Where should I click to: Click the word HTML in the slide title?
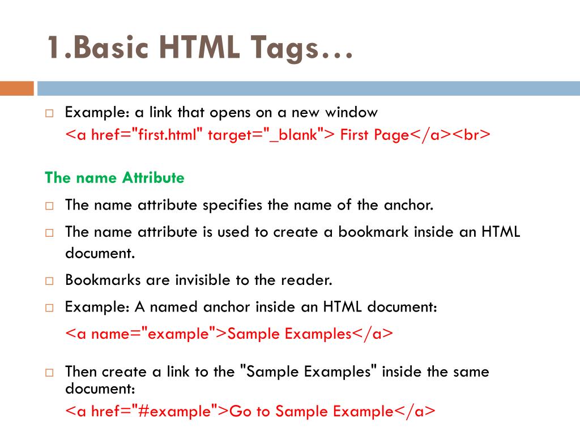(x=194, y=48)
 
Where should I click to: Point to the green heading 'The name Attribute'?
(x=114, y=178)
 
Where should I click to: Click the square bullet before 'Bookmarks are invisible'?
(x=49, y=281)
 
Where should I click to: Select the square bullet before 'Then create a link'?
(x=49, y=373)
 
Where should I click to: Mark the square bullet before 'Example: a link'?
(x=49, y=113)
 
